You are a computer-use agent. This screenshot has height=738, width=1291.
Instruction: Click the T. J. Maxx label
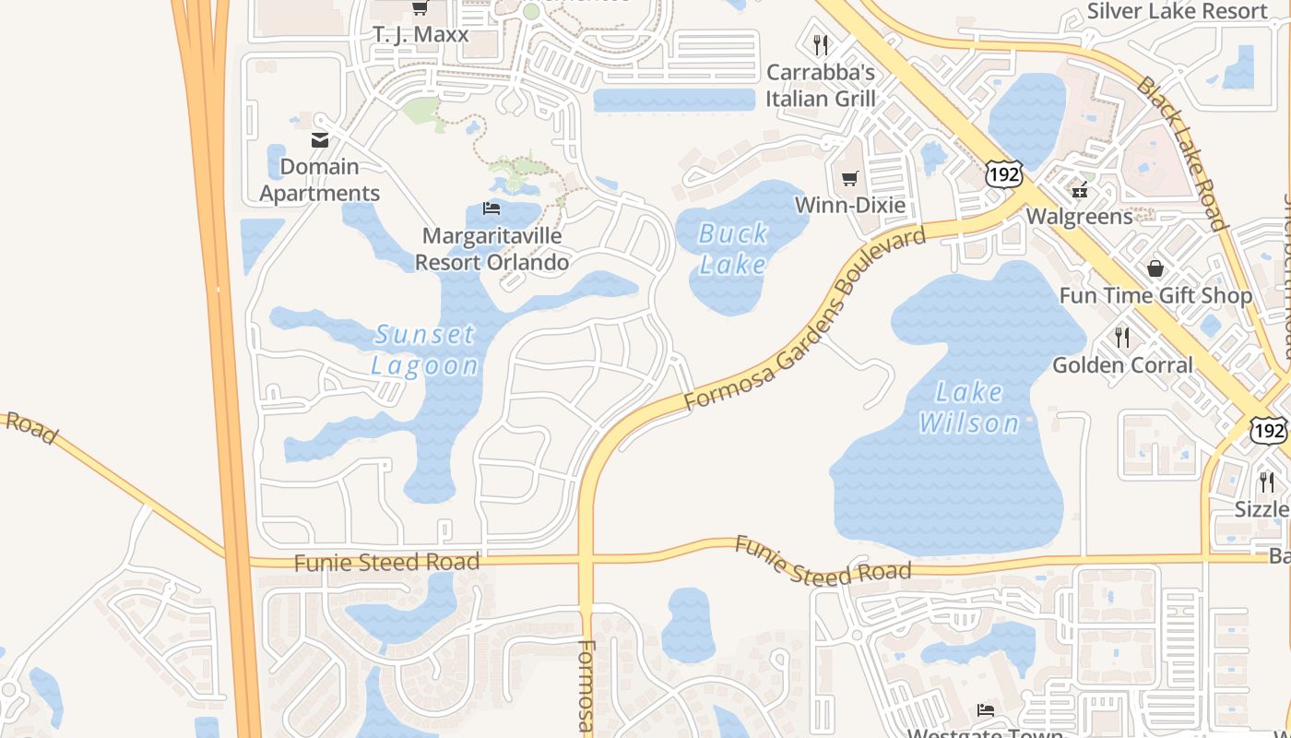tap(420, 35)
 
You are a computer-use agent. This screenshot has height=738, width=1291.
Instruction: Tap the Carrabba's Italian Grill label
tap(820, 85)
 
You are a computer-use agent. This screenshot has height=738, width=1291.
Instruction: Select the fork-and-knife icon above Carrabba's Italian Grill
tap(820, 44)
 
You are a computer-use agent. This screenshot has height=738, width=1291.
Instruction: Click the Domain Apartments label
tap(319, 180)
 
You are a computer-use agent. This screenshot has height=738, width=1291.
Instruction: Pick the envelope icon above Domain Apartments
tap(320, 140)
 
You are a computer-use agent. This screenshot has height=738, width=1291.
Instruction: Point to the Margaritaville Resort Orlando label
tap(492, 249)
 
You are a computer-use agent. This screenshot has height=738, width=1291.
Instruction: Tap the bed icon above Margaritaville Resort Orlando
tap(492, 208)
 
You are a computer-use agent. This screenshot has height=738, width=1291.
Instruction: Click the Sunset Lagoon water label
tap(425, 350)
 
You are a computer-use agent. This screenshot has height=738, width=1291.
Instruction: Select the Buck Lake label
tap(733, 249)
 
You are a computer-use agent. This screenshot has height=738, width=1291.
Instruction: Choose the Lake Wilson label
tap(969, 408)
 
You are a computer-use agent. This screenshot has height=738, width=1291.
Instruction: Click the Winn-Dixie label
tap(849, 205)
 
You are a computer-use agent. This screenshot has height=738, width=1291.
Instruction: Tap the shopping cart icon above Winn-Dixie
tap(849, 178)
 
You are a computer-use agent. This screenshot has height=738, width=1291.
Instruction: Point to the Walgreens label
tap(1080, 217)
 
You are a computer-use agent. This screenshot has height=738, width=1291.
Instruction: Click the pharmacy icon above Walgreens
tap(1079, 191)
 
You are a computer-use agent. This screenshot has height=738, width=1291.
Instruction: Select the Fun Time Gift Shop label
tap(1155, 295)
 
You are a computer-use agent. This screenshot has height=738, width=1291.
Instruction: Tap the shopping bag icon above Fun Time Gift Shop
tap(1155, 268)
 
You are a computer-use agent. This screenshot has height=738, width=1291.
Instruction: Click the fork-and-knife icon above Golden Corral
tap(1122, 338)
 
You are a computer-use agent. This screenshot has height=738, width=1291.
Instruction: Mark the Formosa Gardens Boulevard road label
tap(804, 320)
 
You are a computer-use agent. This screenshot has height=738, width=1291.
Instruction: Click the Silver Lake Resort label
tap(1177, 11)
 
